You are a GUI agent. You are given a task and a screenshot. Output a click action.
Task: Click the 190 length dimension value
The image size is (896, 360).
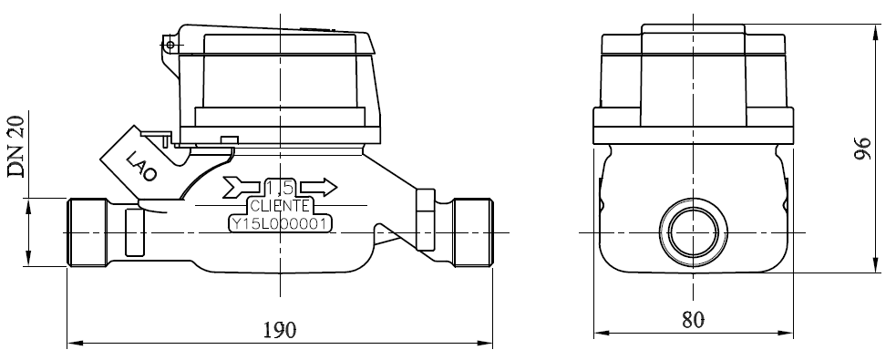(280, 330)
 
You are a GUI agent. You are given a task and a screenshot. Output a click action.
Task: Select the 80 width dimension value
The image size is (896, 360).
(693, 320)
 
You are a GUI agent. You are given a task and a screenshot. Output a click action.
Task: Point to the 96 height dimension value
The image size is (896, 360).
(862, 149)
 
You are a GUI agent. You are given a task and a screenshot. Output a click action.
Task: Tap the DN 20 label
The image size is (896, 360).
(15, 147)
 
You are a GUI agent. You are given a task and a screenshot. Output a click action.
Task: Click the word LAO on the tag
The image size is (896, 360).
(140, 166)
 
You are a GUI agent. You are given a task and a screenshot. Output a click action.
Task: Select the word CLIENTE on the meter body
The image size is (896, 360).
(280, 206)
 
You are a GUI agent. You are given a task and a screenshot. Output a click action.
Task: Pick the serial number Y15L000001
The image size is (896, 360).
(280, 223)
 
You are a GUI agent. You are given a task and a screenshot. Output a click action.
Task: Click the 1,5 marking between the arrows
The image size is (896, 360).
(280, 188)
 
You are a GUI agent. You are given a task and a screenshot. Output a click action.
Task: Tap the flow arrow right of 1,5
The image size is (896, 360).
(319, 186)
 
